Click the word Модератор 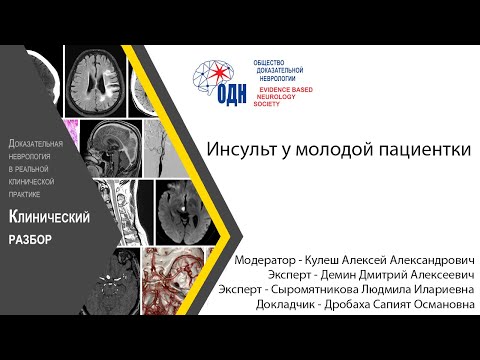coord(269,258)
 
